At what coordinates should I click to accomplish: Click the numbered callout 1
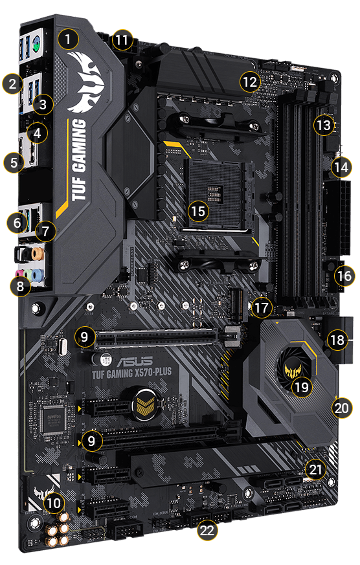pyautogui.click(x=69, y=38)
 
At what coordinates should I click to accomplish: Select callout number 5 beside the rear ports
pyautogui.click(x=12, y=162)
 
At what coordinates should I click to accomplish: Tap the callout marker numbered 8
pyautogui.click(x=23, y=285)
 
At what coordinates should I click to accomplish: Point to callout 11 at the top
pyautogui.click(x=121, y=39)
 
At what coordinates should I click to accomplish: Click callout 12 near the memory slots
pyautogui.click(x=249, y=82)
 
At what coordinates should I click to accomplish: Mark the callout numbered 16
pyautogui.click(x=344, y=276)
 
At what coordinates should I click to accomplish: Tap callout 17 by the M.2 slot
pyautogui.click(x=260, y=307)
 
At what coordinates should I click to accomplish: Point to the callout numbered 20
pyautogui.click(x=341, y=408)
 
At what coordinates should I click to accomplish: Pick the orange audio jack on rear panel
pyautogui.click(x=39, y=252)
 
